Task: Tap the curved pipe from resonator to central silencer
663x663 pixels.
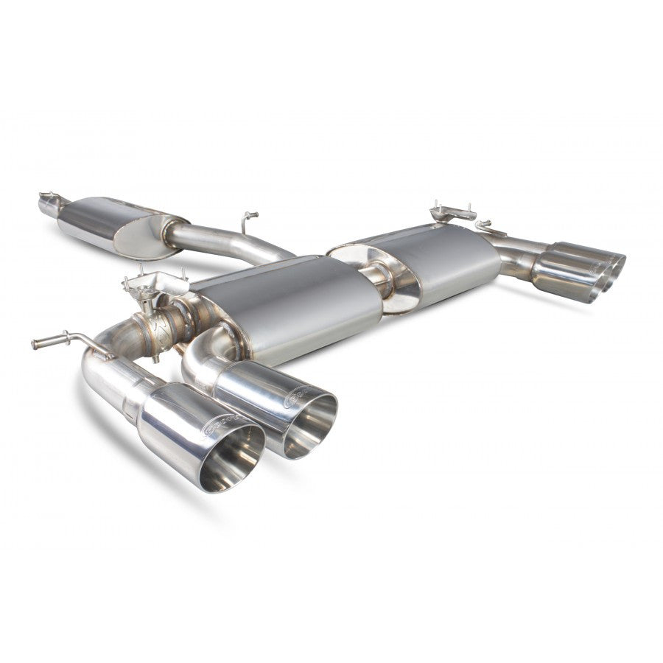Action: pos(221,243)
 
